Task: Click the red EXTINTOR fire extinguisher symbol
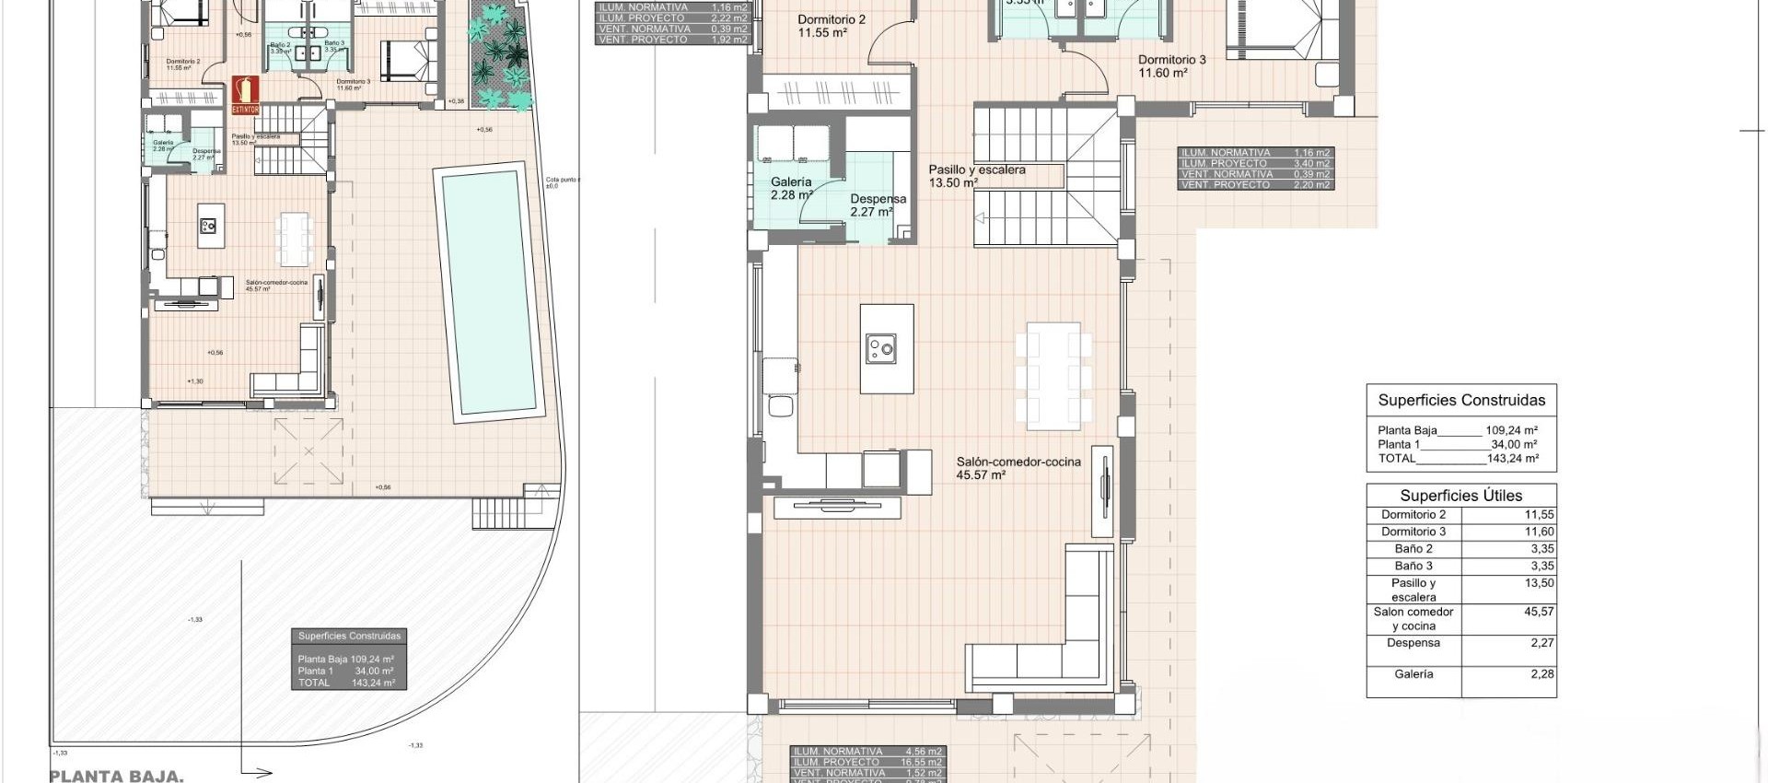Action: click(x=245, y=95)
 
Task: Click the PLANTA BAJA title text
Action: click(x=116, y=776)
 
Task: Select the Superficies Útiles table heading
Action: click(x=1460, y=495)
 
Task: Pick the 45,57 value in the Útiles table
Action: click(x=1539, y=611)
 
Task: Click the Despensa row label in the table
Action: click(x=1413, y=643)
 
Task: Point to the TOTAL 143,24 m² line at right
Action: click(x=1458, y=458)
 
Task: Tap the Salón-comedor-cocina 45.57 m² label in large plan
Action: click(x=1018, y=468)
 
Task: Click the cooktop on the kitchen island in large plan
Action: click(x=881, y=348)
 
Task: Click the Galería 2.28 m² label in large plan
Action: click(x=791, y=188)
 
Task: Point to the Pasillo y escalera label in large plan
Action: click(x=976, y=176)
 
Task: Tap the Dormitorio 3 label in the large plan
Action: click(x=1171, y=65)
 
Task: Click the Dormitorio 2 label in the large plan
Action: click(x=831, y=26)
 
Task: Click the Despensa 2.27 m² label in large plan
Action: click(x=878, y=205)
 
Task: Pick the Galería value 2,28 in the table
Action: click(x=1541, y=673)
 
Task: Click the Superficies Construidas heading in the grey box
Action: click(x=349, y=636)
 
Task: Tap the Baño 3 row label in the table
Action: click(x=1413, y=566)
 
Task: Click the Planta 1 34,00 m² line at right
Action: click(x=1458, y=444)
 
